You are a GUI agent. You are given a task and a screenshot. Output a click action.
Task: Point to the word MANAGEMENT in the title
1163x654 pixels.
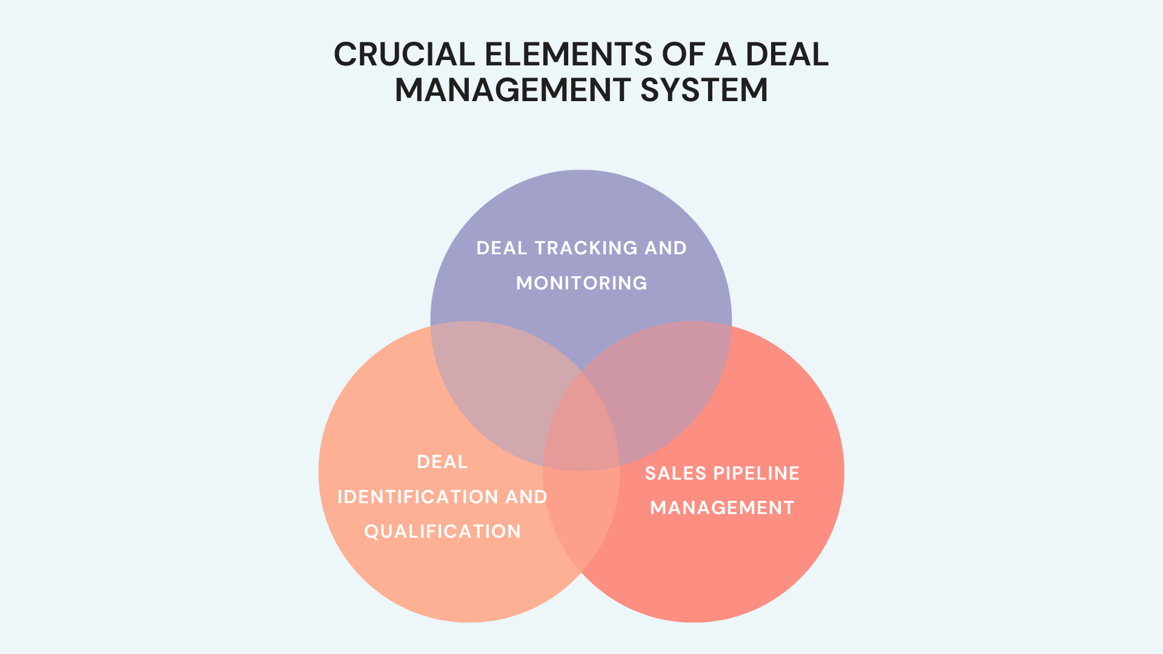[512, 90]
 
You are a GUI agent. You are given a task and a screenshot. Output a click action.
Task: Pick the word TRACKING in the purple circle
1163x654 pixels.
[586, 248]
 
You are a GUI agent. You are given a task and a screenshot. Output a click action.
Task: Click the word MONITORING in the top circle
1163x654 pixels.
[581, 283]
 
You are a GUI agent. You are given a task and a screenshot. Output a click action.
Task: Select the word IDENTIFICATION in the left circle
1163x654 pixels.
[417, 497]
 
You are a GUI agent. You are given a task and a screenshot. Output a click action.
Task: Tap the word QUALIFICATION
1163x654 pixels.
[442, 532]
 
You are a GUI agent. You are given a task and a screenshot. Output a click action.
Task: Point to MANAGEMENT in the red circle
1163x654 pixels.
[721, 508]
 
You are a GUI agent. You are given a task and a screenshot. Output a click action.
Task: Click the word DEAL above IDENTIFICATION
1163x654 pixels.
[442, 462]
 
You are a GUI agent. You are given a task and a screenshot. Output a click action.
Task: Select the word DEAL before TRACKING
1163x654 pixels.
[502, 248]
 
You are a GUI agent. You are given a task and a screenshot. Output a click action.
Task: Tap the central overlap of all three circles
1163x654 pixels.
[581, 424]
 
